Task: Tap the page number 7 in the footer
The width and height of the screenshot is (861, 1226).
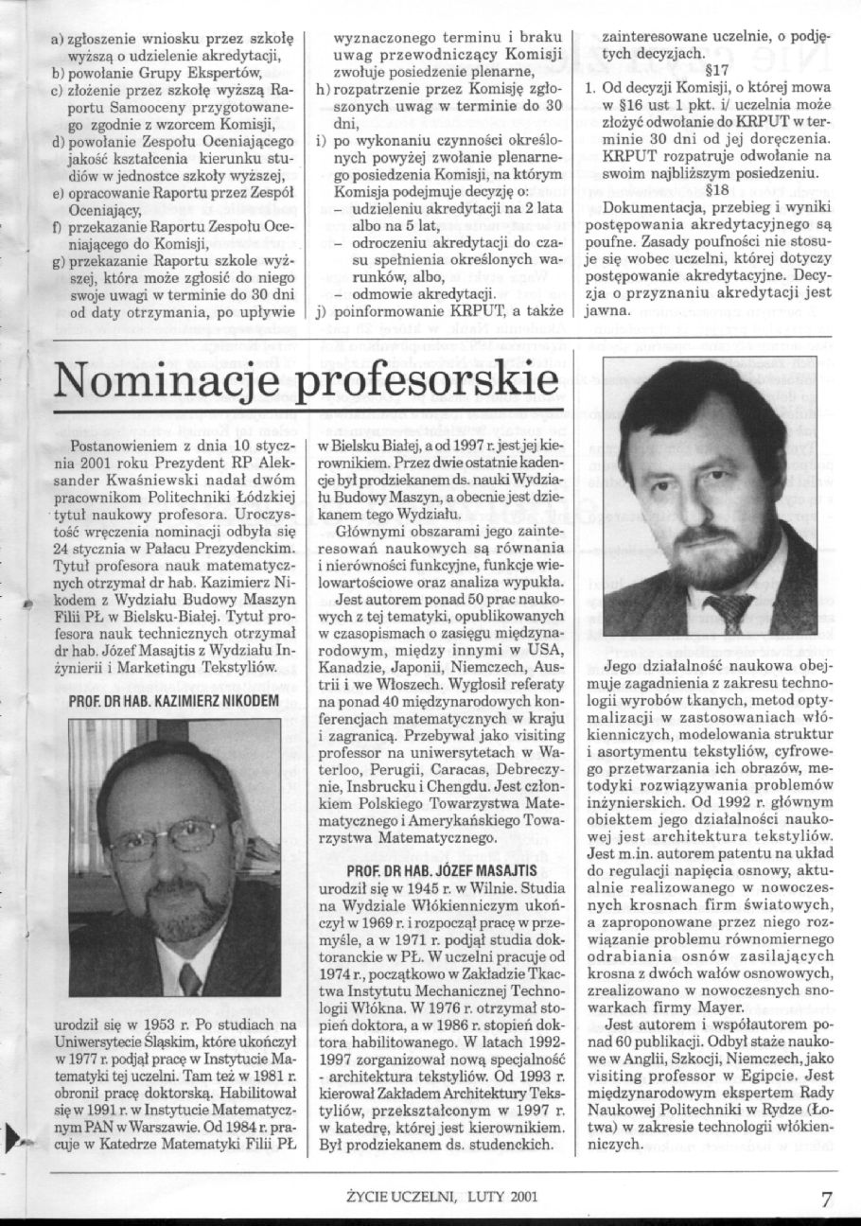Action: [x=827, y=1198]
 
